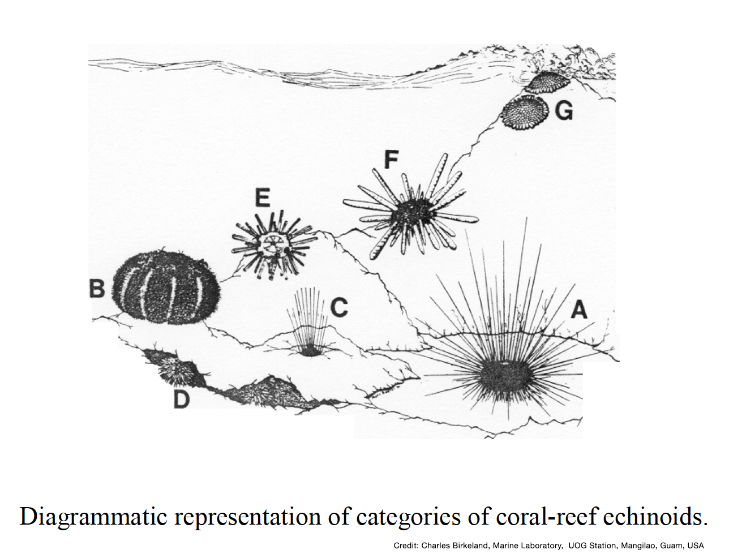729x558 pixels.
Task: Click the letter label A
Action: (578, 310)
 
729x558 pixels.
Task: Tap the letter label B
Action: (97, 289)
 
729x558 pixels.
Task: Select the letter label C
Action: (338, 308)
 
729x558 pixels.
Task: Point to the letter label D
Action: (181, 400)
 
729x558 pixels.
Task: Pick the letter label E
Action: (262, 199)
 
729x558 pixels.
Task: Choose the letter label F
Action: (391, 160)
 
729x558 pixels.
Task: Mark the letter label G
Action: (564, 111)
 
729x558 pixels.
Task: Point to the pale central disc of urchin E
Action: (270, 246)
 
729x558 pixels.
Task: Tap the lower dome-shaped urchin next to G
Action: (525, 113)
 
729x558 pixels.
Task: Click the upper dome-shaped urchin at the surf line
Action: (547, 83)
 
